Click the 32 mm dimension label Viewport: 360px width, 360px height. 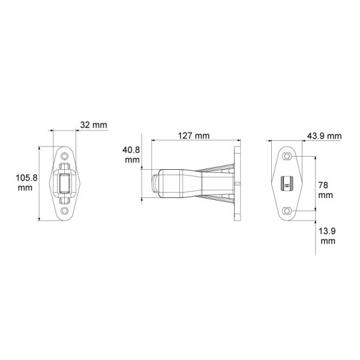click(93, 125)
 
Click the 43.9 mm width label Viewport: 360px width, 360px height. click(325, 136)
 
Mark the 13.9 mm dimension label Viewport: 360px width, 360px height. click(328, 235)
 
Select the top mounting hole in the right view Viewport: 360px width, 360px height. click(287, 156)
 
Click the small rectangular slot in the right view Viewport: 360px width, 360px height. click(287, 183)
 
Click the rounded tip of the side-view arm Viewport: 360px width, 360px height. click(155, 183)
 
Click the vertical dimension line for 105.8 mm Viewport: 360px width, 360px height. click(40, 183)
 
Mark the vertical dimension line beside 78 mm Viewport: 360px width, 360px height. click(314, 183)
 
